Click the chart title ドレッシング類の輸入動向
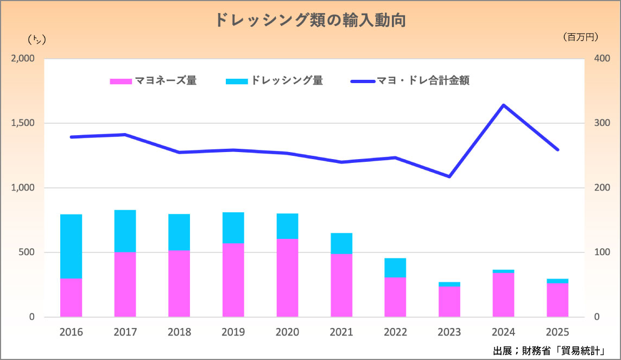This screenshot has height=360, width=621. pos(310,20)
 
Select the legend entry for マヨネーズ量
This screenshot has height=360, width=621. pos(154,81)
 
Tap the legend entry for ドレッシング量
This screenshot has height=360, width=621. pos(275,81)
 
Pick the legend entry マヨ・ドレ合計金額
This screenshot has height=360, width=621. pos(410,81)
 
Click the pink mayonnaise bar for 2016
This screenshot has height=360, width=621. pos(71,298)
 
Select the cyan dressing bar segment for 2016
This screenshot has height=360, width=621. pos(71,247)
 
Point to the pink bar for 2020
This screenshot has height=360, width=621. pos(287,277)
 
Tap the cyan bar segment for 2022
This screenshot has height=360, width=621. pos(395,268)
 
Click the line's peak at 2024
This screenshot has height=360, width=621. pos(504,105)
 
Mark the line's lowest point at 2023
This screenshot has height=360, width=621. pos(449,176)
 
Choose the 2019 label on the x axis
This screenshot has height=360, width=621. pos(233,332)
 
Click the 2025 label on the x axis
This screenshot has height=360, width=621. pos(557,332)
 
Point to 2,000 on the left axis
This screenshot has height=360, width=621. pos(23,59)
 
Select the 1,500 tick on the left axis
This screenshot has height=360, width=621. pos(23,123)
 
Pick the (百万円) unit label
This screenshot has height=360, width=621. pos(581,37)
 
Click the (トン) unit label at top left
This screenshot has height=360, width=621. pos(36,39)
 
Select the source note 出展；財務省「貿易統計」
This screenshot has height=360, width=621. pos(549,350)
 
